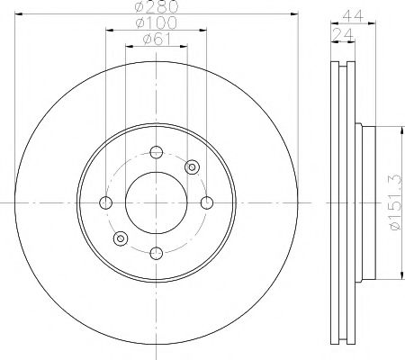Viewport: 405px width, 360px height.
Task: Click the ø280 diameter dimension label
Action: pos(155,8)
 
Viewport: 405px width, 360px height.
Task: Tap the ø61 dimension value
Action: pos(155,39)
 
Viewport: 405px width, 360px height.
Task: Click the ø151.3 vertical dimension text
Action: pos(394,202)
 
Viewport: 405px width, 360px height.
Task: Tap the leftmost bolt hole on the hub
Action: pos(105,202)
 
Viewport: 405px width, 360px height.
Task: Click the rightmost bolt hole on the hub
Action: pos(206,202)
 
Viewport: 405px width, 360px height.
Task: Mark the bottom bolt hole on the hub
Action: pos(156,253)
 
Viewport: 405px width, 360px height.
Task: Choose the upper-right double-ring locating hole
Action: pos(191,166)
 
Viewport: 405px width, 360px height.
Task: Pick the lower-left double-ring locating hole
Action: pos(120,238)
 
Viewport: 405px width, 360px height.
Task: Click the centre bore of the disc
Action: pos(156,202)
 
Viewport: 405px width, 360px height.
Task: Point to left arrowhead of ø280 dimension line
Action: pos(18,15)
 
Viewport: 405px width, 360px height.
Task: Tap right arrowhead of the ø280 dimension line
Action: pos(293,15)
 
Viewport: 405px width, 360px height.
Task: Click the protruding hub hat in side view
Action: pos(364,202)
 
